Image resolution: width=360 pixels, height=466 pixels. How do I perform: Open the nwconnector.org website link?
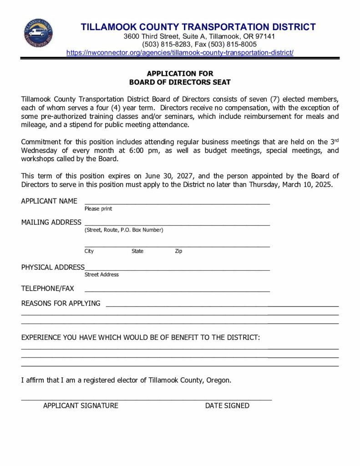[x=180, y=53]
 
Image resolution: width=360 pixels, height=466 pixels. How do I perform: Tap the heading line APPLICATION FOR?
[x=180, y=73]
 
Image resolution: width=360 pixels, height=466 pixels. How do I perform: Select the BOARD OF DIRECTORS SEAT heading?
[x=180, y=82]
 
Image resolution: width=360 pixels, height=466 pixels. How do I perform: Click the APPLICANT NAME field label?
[x=49, y=201]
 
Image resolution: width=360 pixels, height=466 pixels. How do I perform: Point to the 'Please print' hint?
[x=98, y=209]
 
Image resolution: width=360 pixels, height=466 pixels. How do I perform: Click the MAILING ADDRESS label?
[x=51, y=223]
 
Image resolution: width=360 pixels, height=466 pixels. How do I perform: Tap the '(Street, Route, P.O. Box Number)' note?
[x=124, y=230]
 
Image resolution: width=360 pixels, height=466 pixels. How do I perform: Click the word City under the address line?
[x=89, y=251]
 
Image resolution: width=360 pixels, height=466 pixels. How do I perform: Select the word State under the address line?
[x=137, y=251]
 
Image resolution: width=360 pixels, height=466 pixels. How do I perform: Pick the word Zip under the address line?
[x=178, y=251]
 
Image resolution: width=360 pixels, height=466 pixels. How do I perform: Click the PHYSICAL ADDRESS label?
[x=53, y=267]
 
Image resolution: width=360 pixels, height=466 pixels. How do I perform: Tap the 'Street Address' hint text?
[x=101, y=275]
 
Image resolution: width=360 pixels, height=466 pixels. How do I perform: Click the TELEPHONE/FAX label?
[x=47, y=289]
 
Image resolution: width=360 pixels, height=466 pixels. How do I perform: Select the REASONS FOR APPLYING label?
[x=61, y=304]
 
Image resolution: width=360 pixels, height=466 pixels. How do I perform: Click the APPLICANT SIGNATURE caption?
[x=81, y=405]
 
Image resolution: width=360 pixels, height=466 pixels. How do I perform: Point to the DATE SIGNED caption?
[x=227, y=405]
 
